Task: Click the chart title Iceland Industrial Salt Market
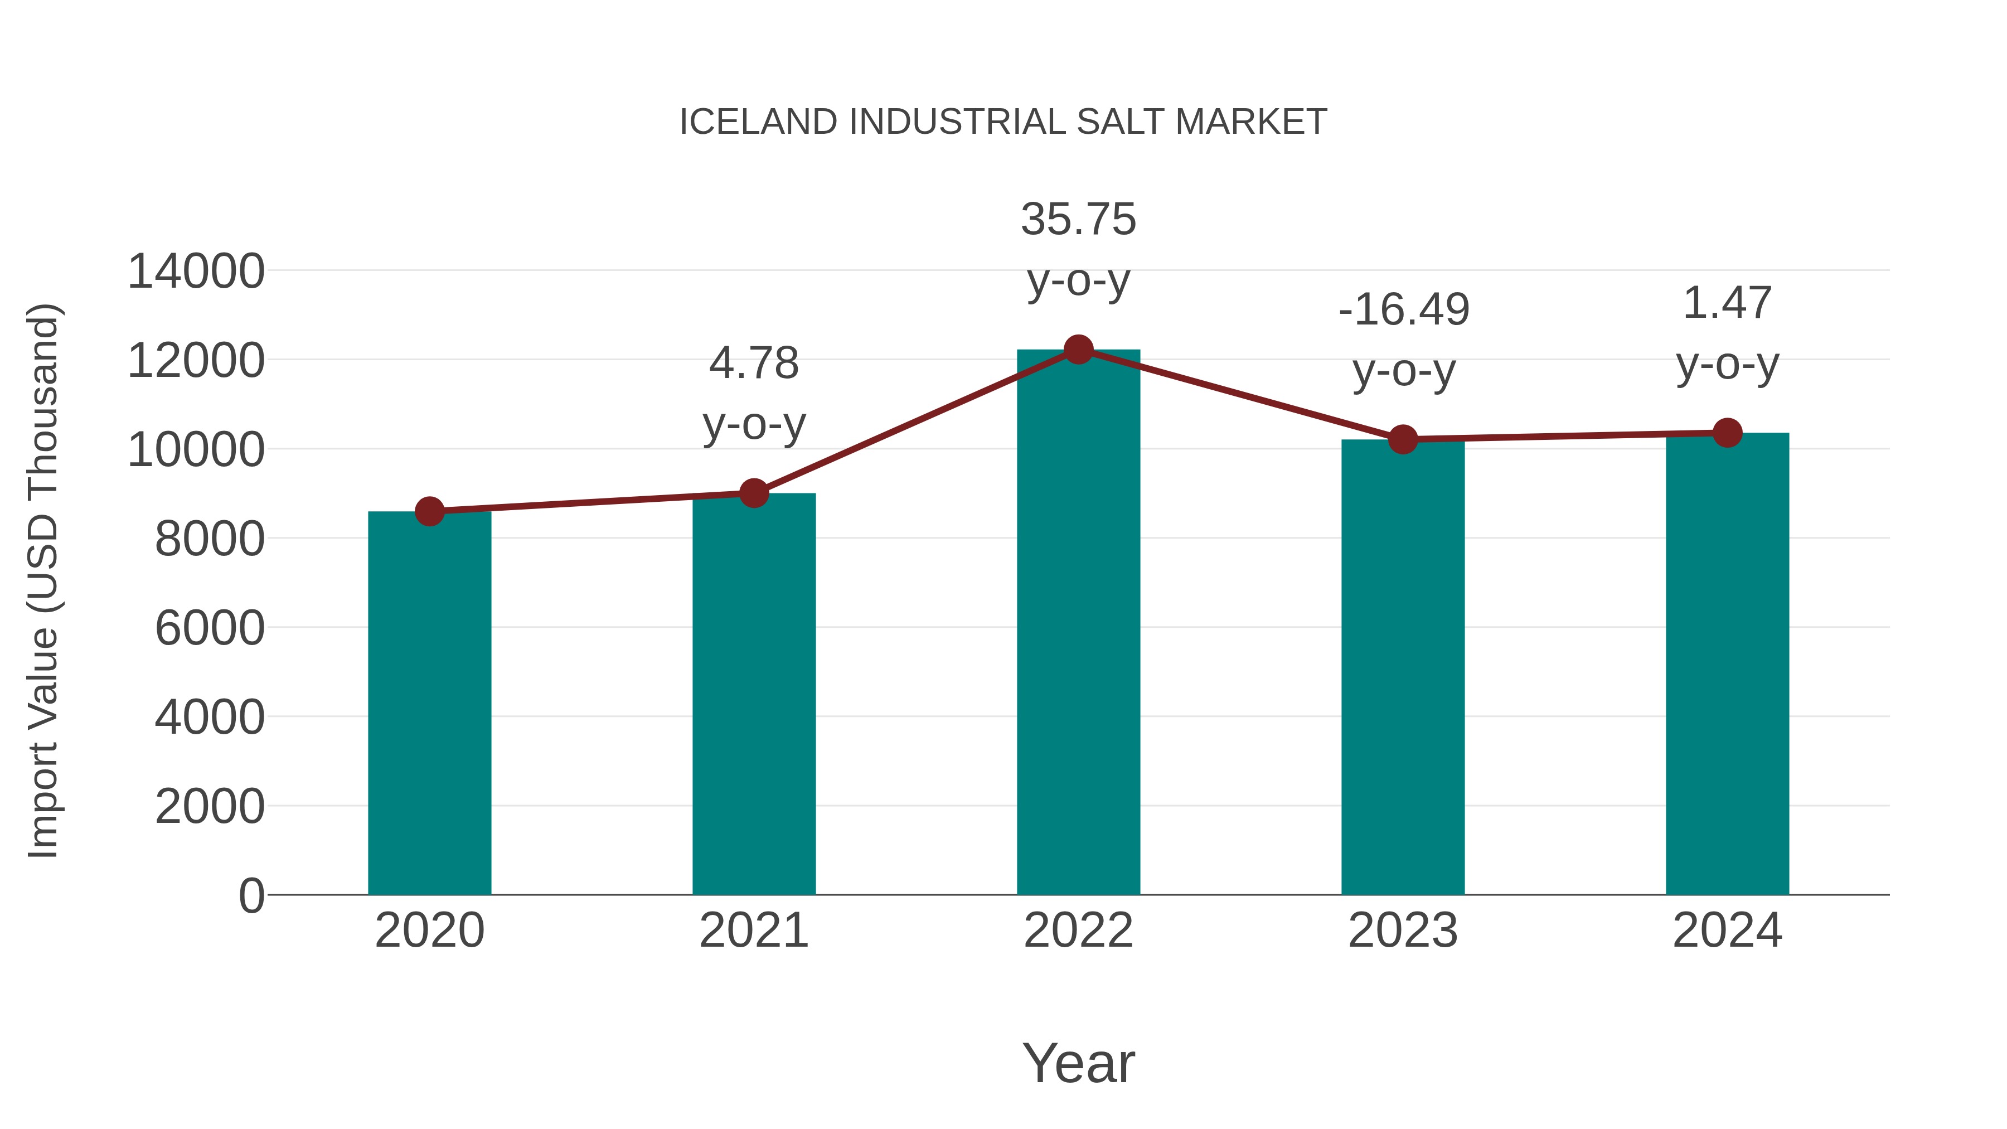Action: pyautogui.click(x=1003, y=122)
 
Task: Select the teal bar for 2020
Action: pyautogui.click(x=429, y=701)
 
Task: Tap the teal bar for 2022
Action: pyautogui.click(x=1078, y=623)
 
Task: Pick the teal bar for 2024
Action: pyautogui.click(x=1727, y=662)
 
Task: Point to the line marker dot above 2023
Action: pyautogui.click(x=1403, y=439)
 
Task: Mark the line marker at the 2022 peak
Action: pyautogui.click(x=1078, y=350)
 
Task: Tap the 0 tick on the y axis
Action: pyautogui.click(x=251, y=895)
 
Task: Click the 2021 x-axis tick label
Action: pyautogui.click(x=753, y=931)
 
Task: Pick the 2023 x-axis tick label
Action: pyautogui.click(x=1403, y=931)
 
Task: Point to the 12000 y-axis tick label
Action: pyautogui.click(x=196, y=361)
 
